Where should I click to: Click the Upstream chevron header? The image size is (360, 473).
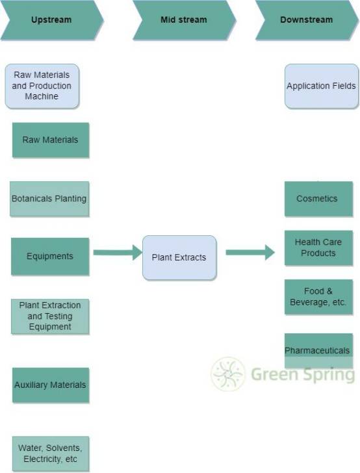52,20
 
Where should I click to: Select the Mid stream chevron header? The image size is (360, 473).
184,20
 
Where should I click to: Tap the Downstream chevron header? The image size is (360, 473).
307,20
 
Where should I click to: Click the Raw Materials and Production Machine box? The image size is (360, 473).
42,86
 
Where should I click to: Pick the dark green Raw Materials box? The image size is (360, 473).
51,140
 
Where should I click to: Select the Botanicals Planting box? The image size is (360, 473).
49,199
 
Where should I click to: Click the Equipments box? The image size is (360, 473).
50,257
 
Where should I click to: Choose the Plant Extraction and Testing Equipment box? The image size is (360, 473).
50,316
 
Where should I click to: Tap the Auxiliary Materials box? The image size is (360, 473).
51,385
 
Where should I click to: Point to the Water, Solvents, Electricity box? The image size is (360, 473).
51,454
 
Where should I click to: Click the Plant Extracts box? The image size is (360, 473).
179,257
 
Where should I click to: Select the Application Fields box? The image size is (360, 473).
322,86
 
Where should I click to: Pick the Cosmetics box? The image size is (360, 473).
318,199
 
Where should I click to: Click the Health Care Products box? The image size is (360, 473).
318,248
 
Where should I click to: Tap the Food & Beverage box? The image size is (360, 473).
318,297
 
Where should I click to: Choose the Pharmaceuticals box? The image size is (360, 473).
318,351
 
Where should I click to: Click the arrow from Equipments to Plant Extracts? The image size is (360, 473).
118,253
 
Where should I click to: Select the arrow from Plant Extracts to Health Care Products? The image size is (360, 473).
250,253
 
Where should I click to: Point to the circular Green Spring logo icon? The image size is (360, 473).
228,374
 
